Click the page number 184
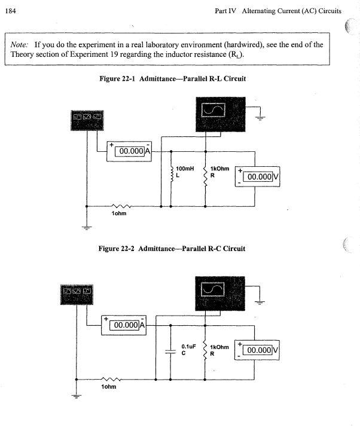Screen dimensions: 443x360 tap(10, 11)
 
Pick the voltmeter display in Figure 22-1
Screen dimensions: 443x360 tap(258, 176)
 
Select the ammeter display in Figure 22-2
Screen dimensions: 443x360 tap(124, 325)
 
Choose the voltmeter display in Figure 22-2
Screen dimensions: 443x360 tap(258, 350)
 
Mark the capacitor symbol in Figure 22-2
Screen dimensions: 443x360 tap(171, 351)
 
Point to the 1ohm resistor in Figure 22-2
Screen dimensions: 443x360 tap(111, 378)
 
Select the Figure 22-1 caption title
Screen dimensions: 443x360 tap(172, 79)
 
